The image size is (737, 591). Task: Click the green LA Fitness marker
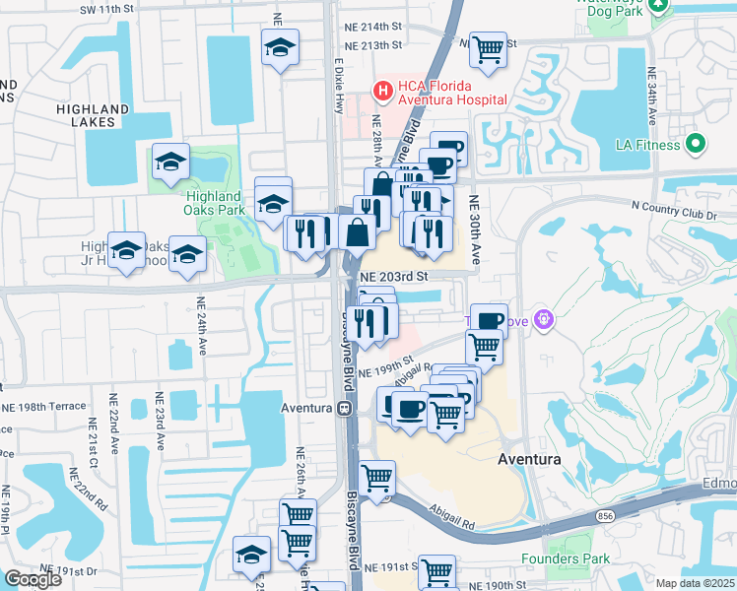point(698,145)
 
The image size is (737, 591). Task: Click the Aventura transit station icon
point(344,408)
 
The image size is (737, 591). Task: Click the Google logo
point(33,579)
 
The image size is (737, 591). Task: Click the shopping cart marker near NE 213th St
point(488,48)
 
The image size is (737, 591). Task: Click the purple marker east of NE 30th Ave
point(545,321)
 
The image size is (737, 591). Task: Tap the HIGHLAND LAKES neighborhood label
point(93,115)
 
